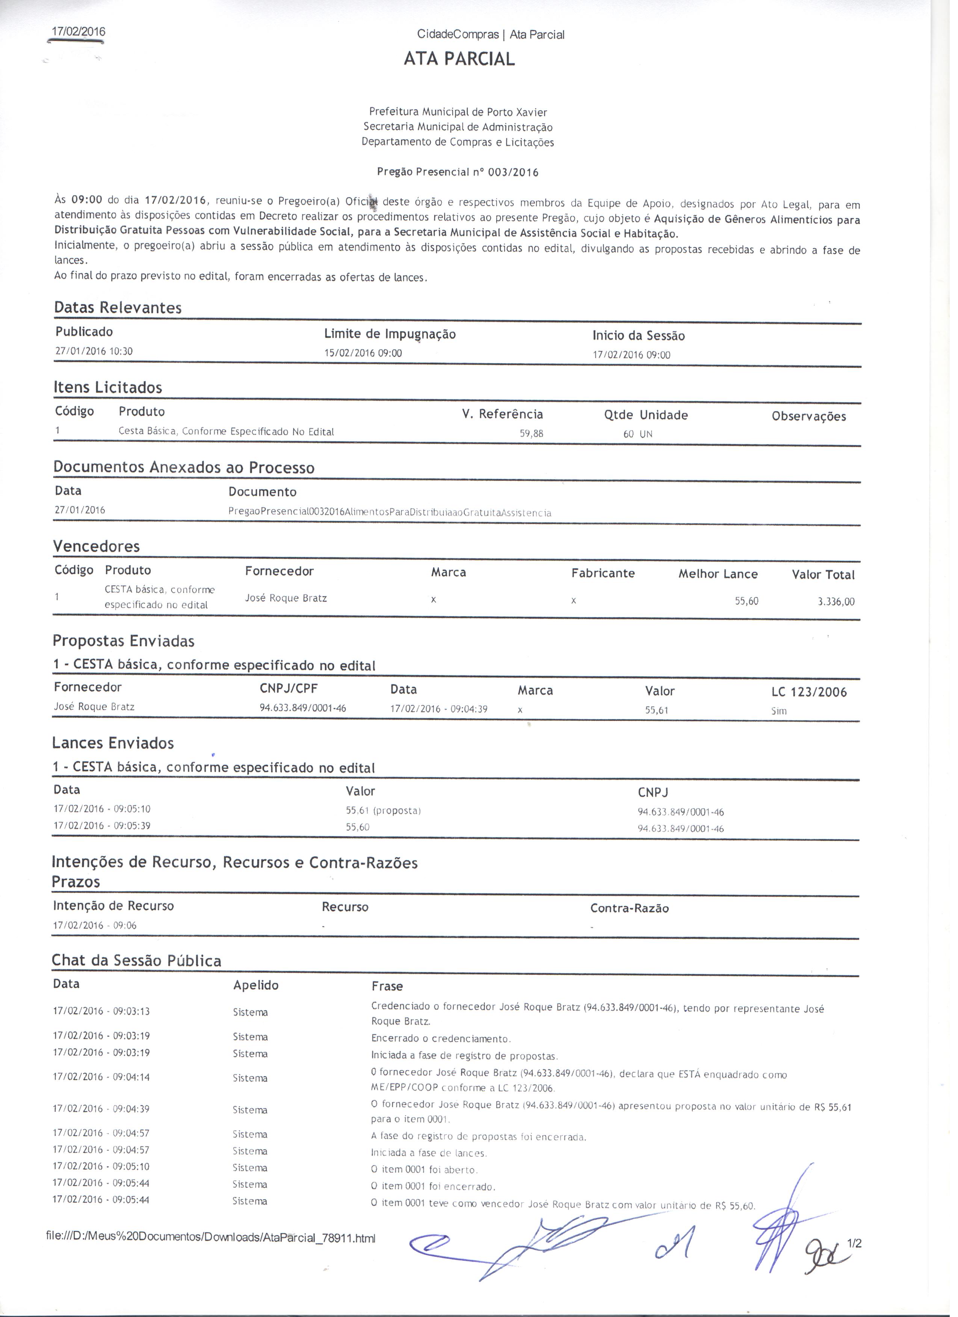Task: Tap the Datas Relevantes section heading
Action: pyautogui.click(x=118, y=308)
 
